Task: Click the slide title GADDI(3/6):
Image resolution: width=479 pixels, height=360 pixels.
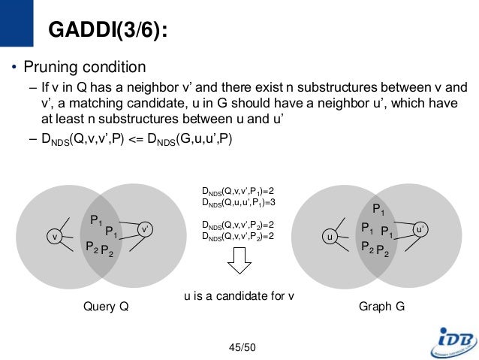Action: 107,31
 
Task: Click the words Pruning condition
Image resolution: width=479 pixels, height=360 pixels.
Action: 85,67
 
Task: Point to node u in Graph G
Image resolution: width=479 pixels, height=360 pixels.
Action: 328,237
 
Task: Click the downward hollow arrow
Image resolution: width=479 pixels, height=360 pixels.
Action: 238,262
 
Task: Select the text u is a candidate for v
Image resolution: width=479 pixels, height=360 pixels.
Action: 239,296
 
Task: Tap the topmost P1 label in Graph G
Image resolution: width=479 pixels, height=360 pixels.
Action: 378,210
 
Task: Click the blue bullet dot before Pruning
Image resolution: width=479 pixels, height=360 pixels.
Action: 13,68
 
